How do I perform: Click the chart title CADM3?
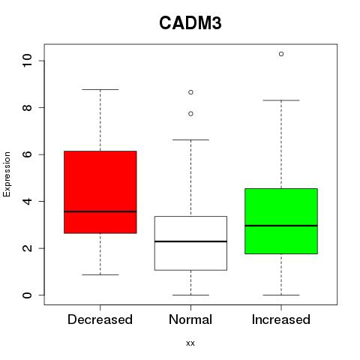(x=190, y=23)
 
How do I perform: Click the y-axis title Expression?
(x=7, y=174)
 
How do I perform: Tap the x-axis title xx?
(x=190, y=343)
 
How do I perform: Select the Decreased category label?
(x=100, y=319)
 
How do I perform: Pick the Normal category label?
(x=190, y=319)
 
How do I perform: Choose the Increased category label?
(x=281, y=319)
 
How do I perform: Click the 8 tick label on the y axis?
(x=27, y=107)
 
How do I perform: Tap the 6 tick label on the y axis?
(x=27, y=154)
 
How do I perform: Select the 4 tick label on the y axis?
(x=27, y=201)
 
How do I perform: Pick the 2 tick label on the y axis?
(x=27, y=248)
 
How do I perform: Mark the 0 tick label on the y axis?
(x=27, y=295)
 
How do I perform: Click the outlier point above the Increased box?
(x=281, y=54)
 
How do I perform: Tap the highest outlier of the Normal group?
(x=190, y=92)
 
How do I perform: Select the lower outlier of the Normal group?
(x=190, y=114)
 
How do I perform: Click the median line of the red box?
(x=100, y=211)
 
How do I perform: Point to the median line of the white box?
(x=190, y=241)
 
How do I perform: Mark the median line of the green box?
(x=281, y=226)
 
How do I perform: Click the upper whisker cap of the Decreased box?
(x=100, y=89)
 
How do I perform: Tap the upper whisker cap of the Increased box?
(x=281, y=100)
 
